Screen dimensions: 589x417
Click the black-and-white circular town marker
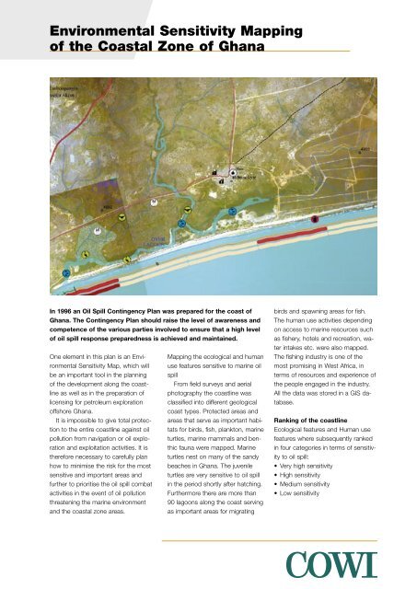pos(232,172)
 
